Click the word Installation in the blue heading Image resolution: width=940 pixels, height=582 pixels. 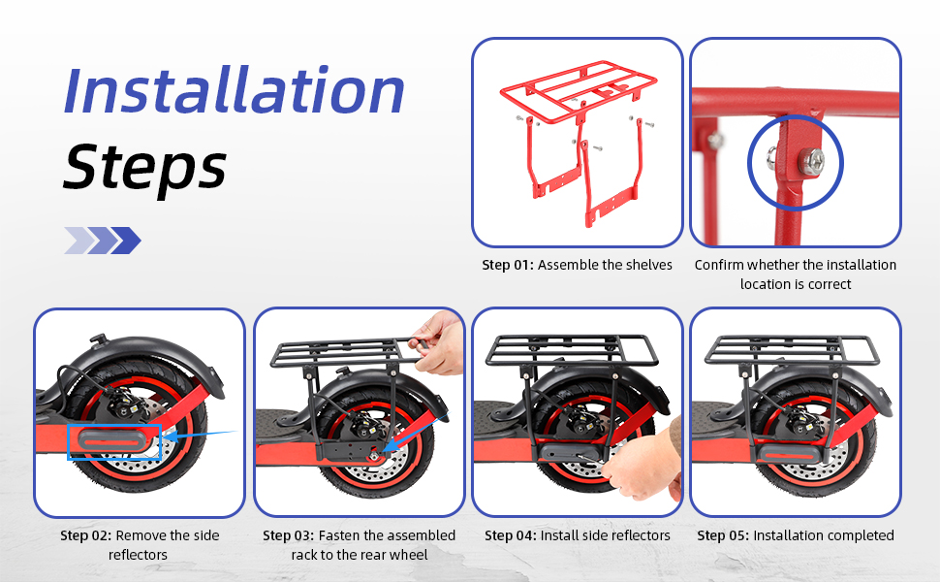pyautogui.click(x=234, y=90)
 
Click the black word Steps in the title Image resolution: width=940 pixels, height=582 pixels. pyautogui.click(x=144, y=166)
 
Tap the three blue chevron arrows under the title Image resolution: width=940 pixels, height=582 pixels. pyautogui.click(x=103, y=241)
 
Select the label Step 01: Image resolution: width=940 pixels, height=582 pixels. pyautogui.click(x=507, y=265)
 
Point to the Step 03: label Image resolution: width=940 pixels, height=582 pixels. pyautogui.click(x=289, y=535)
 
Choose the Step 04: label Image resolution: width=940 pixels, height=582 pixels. pyautogui.click(x=510, y=535)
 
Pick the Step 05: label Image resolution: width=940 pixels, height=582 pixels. pyautogui.click(x=723, y=535)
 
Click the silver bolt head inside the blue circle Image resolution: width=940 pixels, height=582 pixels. pyautogui.click(x=810, y=161)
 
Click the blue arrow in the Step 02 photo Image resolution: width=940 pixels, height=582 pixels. pyautogui.click(x=200, y=435)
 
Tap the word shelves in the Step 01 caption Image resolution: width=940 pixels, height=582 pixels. pyautogui.click(x=649, y=265)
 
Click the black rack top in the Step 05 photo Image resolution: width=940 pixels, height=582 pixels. pyautogui.click(x=792, y=351)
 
